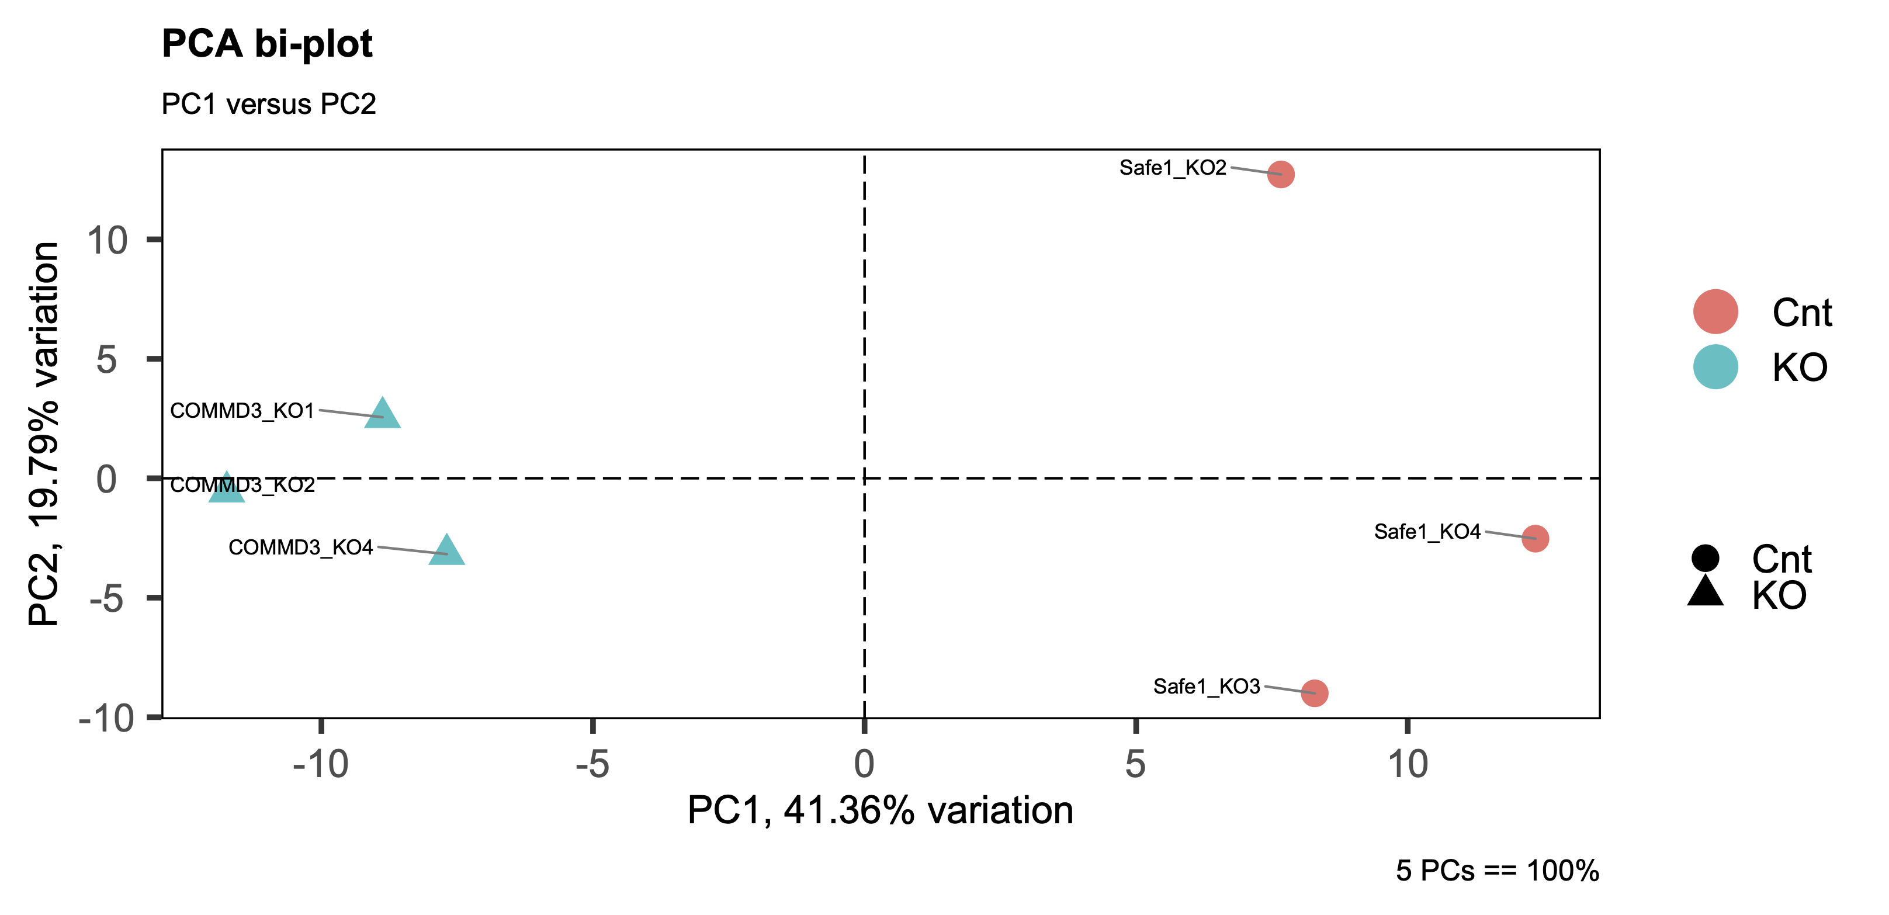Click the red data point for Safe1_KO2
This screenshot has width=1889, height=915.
point(1280,175)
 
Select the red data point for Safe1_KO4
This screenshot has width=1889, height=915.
point(1535,538)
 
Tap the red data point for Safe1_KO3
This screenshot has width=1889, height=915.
point(1314,692)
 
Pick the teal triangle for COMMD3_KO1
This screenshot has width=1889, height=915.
point(383,415)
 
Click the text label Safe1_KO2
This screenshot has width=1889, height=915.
point(1173,168)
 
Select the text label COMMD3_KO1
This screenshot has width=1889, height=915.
point(242,411)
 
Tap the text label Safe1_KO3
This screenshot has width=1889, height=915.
point(1207,686)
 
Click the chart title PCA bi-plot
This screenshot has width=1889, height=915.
point(267,44)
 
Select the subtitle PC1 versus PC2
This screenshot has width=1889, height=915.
point(268,104)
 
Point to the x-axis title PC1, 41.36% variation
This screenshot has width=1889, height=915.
point(880,811)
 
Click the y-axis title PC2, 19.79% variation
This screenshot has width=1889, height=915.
point(44,434)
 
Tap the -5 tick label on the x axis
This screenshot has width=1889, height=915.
point(592,764)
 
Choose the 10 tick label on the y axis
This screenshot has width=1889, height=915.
point(107,241)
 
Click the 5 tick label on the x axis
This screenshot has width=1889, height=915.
point(1135,764)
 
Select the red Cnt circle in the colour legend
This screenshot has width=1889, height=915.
point(1715,311)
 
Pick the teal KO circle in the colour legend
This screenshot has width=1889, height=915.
point(1715,366)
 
